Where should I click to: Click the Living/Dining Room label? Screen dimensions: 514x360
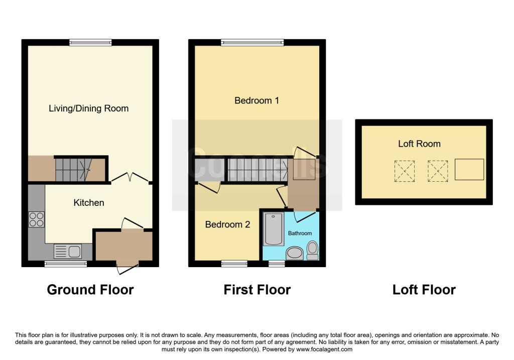click(88, 108)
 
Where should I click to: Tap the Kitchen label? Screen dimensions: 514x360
click(89, 203)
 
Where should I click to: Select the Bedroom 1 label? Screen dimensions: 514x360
click(256, 100)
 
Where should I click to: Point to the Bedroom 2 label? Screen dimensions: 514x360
click(227, 224)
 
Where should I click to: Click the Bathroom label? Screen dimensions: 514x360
click(300, 233)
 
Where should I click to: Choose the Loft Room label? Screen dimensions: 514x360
click(419, 144)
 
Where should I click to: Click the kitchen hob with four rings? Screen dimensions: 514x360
click(36, 220)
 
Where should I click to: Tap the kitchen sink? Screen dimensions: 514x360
click(68, 252)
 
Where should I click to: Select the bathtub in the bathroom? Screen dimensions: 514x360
click(274, 229)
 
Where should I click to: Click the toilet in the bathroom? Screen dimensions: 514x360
click(313, 251)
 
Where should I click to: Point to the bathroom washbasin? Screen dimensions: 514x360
click(295, 254)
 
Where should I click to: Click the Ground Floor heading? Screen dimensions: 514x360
click(90, 290)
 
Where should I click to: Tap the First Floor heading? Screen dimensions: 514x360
click(257, 290)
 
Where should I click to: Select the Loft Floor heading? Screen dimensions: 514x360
click(424, 290)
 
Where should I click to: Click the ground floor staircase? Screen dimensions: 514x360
click(73, 170)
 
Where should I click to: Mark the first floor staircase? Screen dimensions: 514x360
click(258, 170)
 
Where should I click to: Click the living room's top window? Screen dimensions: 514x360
click(90, 42)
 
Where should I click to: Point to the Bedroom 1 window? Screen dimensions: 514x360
click(252, 42)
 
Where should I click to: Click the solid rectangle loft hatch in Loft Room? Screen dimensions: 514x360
click(469, 170)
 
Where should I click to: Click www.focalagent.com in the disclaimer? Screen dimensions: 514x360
click(324, 349)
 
